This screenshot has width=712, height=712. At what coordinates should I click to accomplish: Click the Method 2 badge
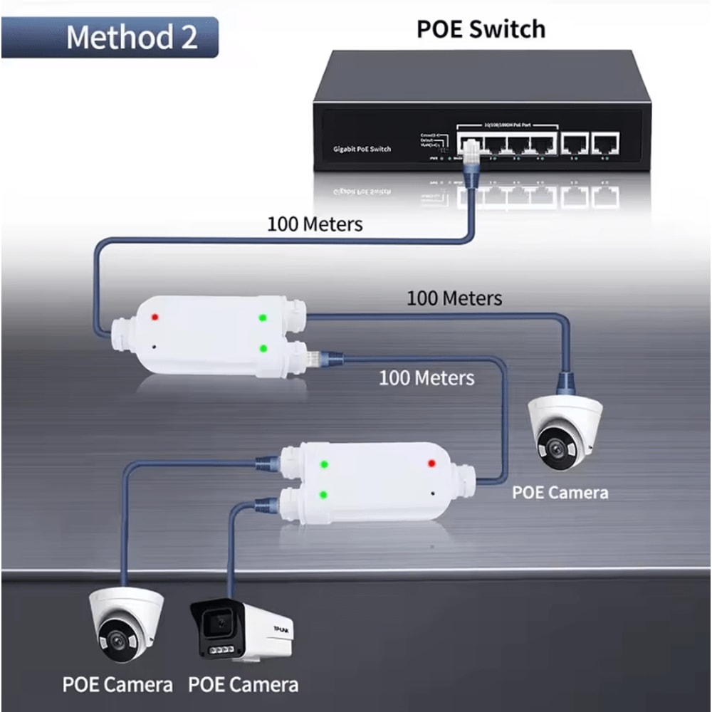tap(131, 37)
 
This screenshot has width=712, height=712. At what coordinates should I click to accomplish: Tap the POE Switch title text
tap(481, 29)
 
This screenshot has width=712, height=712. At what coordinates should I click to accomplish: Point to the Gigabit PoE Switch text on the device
tap(362, 149)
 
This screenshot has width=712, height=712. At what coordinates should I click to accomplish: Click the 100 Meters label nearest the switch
tap(315, 224)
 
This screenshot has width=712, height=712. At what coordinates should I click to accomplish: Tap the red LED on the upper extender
tap(155, 315)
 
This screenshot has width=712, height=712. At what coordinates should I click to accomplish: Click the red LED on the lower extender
tap(431, 464)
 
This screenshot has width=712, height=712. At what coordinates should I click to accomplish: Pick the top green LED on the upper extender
tap(263, 318)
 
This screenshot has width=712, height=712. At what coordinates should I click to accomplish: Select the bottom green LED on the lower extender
tap(323, 494)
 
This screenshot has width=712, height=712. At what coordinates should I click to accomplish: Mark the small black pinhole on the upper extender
tap(155, 347)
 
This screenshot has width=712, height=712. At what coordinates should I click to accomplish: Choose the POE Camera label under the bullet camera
tap(243, 685)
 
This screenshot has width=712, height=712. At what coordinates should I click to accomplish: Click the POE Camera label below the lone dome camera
tap(560, 492)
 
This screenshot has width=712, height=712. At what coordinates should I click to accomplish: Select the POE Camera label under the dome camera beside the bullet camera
tap(117, 685)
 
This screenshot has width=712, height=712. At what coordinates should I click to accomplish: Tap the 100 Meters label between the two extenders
tap(426, 377)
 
